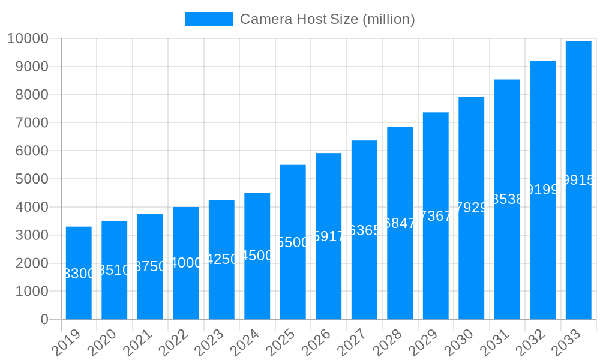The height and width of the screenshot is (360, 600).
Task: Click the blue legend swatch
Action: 208,19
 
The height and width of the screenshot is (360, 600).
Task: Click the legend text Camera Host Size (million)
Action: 327,19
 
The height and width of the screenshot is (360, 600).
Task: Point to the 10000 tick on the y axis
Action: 28,39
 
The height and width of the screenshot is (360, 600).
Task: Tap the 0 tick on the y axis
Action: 44,320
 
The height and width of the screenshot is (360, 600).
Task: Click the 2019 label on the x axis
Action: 66,343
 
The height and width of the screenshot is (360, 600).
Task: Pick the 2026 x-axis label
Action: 316,343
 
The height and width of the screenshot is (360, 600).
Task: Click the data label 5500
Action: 293,242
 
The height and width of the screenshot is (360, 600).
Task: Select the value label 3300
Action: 79,274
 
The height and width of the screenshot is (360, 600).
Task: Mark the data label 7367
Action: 436,216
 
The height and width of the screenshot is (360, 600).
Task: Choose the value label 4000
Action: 186,263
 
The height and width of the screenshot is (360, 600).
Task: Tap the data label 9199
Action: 542,190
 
